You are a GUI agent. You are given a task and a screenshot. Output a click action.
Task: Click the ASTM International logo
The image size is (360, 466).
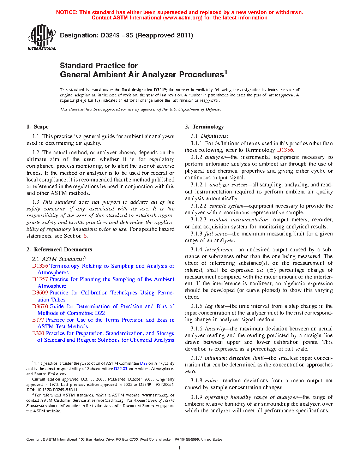pyautogui.click(x=42, y=37)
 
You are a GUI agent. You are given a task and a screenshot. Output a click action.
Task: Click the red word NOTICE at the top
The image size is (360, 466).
pyautogui.click(x=67, y=12)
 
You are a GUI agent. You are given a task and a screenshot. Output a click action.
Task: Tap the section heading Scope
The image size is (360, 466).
pyautogui.click(x=41, y=127)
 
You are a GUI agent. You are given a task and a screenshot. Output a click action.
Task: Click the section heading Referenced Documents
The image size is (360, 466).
pyautogui.click(x=63, y=250)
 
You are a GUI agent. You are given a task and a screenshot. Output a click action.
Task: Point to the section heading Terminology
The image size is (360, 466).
pyautogui.click(x=208, y=127)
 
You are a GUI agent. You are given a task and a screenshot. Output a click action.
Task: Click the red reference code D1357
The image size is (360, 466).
pyautogui.click(x=40, y=279)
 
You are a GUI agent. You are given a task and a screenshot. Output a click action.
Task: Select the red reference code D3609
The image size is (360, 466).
pyautogui.click(x=40, y=293)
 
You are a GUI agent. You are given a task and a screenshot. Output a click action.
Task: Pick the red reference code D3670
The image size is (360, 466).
pyautogui.click(x=40, y=306)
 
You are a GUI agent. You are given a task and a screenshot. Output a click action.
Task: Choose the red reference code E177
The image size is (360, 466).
pyautogui.click(x=38, y=320)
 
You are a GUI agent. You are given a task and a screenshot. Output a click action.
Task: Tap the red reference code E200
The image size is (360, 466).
pyautogui.click(x=38, y=333)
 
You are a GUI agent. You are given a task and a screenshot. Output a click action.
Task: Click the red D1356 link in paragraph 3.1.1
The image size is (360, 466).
pyautogui.click(x=285, y=150)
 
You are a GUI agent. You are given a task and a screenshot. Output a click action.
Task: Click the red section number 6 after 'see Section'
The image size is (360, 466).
pyautogui.click(x=85, y=236)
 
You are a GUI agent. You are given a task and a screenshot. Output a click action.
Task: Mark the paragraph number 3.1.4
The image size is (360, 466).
pyautogui.click(x=196, y=250)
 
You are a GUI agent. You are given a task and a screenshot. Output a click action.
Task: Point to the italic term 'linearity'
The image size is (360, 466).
pyautogui.click(x=215, y=329)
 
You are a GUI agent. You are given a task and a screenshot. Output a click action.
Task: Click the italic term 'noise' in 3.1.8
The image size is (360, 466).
pyautogui.click(x=211, y=381)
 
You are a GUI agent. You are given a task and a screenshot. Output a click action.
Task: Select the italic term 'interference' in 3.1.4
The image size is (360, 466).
pyautogui.click(x=219, y=250)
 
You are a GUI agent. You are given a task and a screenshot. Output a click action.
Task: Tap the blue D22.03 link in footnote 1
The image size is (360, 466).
pyautogui.click(x=120, y=369)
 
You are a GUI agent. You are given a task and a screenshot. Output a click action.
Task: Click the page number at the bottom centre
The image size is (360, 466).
pyautogui.click(x=180, y=448)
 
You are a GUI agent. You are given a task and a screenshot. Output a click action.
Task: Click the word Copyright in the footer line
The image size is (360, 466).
pyautogui.click(x=34, y=440)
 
